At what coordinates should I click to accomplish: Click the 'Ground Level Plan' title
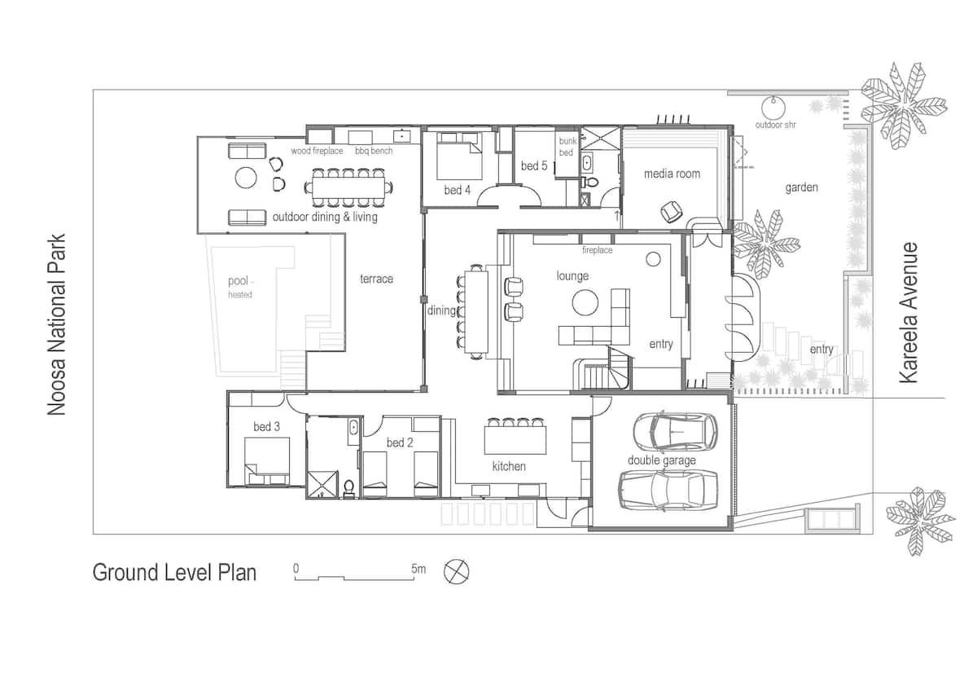[174, 572]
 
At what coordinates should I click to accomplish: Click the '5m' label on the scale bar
[418, 568]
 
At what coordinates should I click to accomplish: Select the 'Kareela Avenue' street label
[909, 313]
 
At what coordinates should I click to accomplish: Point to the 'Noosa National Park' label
[56, 325]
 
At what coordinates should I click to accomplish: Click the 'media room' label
[672, 174]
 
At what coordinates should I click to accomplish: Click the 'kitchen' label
[509, 467]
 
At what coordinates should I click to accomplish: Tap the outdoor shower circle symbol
[772, 107]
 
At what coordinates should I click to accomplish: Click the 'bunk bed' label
[567, 147]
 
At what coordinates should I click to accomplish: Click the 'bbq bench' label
[373, 152]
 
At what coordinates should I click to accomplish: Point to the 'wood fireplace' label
[318, 152]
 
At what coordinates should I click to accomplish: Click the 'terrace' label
[376, 279]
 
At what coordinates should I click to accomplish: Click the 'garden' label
[801, 187]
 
